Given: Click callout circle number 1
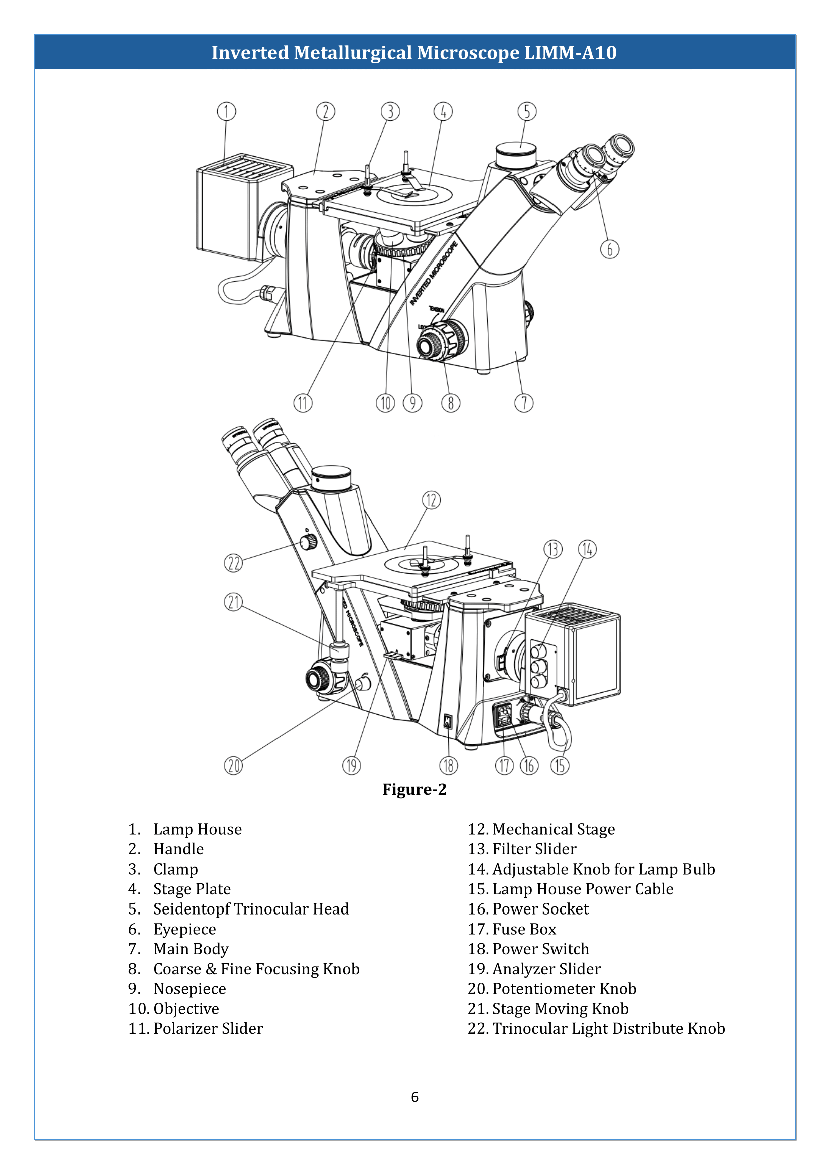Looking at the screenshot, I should pos(226,111).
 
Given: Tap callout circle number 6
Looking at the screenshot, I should pos(609,249).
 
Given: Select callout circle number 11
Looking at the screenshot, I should pos(303,403).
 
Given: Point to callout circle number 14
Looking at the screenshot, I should pos(587,549).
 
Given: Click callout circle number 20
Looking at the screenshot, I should pos(233,766).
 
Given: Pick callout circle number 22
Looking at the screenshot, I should pos(233,563).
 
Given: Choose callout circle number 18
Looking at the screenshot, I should pos(448,766).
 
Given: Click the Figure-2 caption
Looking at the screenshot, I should pos(414,790).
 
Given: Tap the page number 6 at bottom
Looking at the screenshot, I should pos(414,1097).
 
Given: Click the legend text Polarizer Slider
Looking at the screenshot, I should pos(208,1029).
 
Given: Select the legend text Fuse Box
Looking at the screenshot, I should pos(524,929).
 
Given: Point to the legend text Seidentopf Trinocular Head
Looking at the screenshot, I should pos(251,909).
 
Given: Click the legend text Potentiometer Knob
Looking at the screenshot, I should pos(564,989).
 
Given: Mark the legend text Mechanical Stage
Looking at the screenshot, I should pos(554,829).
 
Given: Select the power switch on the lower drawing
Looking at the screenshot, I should pos(448,721).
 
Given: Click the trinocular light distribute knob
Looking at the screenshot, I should pos(308,542).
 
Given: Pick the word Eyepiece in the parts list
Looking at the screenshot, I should pos(185,929).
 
